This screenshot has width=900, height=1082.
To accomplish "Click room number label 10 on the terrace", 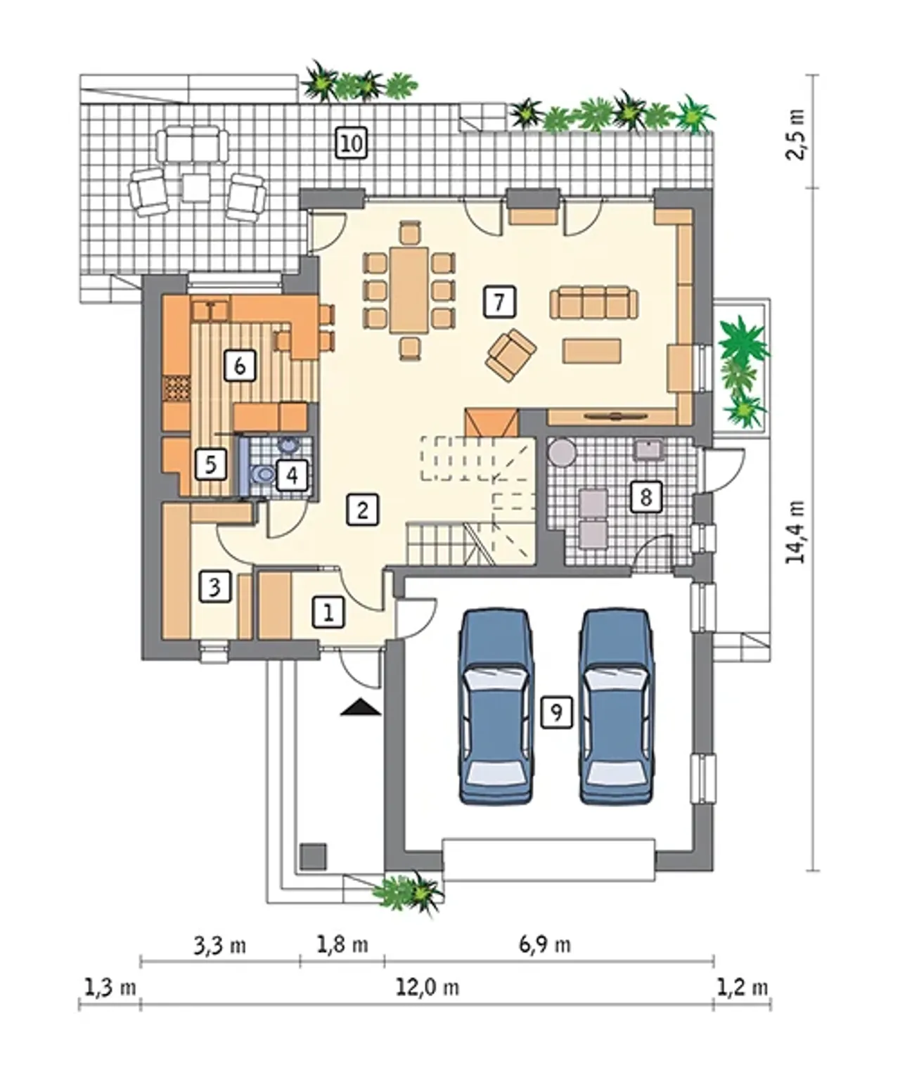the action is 352,143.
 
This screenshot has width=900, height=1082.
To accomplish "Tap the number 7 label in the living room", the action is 499,301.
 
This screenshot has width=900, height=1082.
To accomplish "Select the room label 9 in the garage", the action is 556,712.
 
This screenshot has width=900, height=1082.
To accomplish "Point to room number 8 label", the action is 645,497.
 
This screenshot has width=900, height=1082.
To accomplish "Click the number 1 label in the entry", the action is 328,613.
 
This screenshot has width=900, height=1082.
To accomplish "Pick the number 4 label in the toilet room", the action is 292,475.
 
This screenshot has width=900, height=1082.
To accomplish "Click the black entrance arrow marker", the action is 361,707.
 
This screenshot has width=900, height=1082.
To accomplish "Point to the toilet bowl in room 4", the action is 264,474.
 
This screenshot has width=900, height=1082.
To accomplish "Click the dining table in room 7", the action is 409,290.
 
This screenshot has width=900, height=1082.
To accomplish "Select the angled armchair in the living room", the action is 510,355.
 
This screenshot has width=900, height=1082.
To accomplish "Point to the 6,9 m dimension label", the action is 545,945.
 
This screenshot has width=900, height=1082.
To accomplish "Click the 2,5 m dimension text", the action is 795,135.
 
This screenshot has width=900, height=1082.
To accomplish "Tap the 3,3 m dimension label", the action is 220,946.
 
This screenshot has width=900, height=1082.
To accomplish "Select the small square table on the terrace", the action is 196,188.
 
